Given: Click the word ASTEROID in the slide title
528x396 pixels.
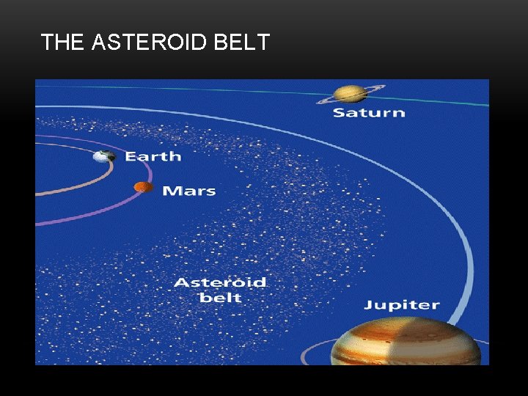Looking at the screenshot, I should tap(151, 43).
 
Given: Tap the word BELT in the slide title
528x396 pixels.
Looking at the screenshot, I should tap(242, 43).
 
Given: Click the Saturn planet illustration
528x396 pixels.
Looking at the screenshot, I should tap(351, 93).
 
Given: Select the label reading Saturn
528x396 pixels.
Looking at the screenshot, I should tap(369, 113).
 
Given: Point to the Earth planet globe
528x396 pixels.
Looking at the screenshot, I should tap(104, 156).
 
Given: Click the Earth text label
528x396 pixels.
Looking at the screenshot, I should tap(153, 156).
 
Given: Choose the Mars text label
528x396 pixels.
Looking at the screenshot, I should tap(188, 191).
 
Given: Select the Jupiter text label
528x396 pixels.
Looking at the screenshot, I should tap(402, 304).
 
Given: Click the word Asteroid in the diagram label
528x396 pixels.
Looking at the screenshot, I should tap(220, 282).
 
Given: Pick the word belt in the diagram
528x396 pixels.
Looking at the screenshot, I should tap(220, 298).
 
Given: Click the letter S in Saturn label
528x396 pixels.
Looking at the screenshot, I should tap(340, 113).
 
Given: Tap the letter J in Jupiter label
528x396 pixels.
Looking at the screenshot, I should tap(368, 304).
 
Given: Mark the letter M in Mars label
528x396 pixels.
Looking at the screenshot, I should tap(170, 191).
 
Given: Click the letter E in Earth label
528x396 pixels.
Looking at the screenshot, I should tap(130, 156).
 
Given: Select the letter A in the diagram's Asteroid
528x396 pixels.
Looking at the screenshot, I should tap(180, 282).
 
